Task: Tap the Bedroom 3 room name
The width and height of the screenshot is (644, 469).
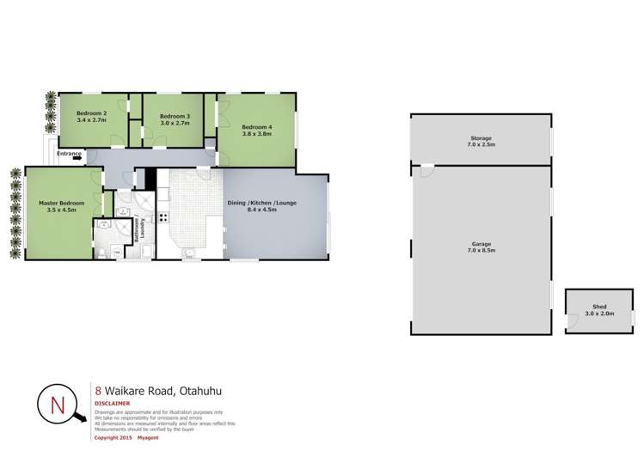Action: coord(175,116)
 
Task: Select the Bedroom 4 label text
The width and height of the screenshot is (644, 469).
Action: coord(256,127)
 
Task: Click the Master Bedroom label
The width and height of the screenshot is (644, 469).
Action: coord(61,204)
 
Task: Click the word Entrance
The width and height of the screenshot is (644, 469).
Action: coord(70,153)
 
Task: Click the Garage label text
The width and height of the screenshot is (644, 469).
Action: coord(481,244)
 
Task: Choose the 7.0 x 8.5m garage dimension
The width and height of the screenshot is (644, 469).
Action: coord(481,250)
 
